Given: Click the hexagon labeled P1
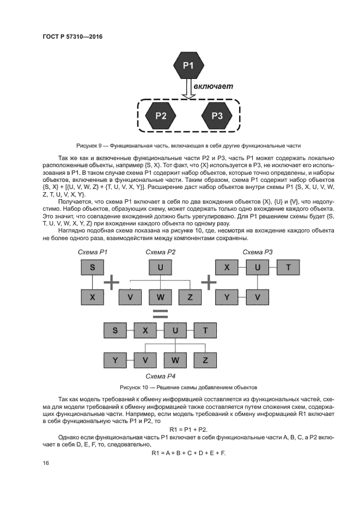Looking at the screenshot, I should pos(188,66).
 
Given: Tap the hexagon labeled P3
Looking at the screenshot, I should pos(217,115).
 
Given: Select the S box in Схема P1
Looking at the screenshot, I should pos(92,267).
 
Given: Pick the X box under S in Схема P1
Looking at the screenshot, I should pos(92,297).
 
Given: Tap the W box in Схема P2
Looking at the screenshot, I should pos(160,297).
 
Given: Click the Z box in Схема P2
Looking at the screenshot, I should pos(190,297).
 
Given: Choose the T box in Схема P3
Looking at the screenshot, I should pos(288,267).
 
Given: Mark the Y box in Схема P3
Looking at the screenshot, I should pos(227,297).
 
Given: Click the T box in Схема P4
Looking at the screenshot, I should pos(204,330).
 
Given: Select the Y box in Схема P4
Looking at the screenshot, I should pos(115,360).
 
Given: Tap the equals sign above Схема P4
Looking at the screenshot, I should pos(160,313).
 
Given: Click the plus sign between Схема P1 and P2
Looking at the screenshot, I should pos(112,282).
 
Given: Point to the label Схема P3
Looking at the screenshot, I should pos(258,252).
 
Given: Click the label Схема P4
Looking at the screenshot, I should pos(160,376).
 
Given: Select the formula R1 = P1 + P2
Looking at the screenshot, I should pos(179,429).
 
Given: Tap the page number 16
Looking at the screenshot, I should pos(46,463).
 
